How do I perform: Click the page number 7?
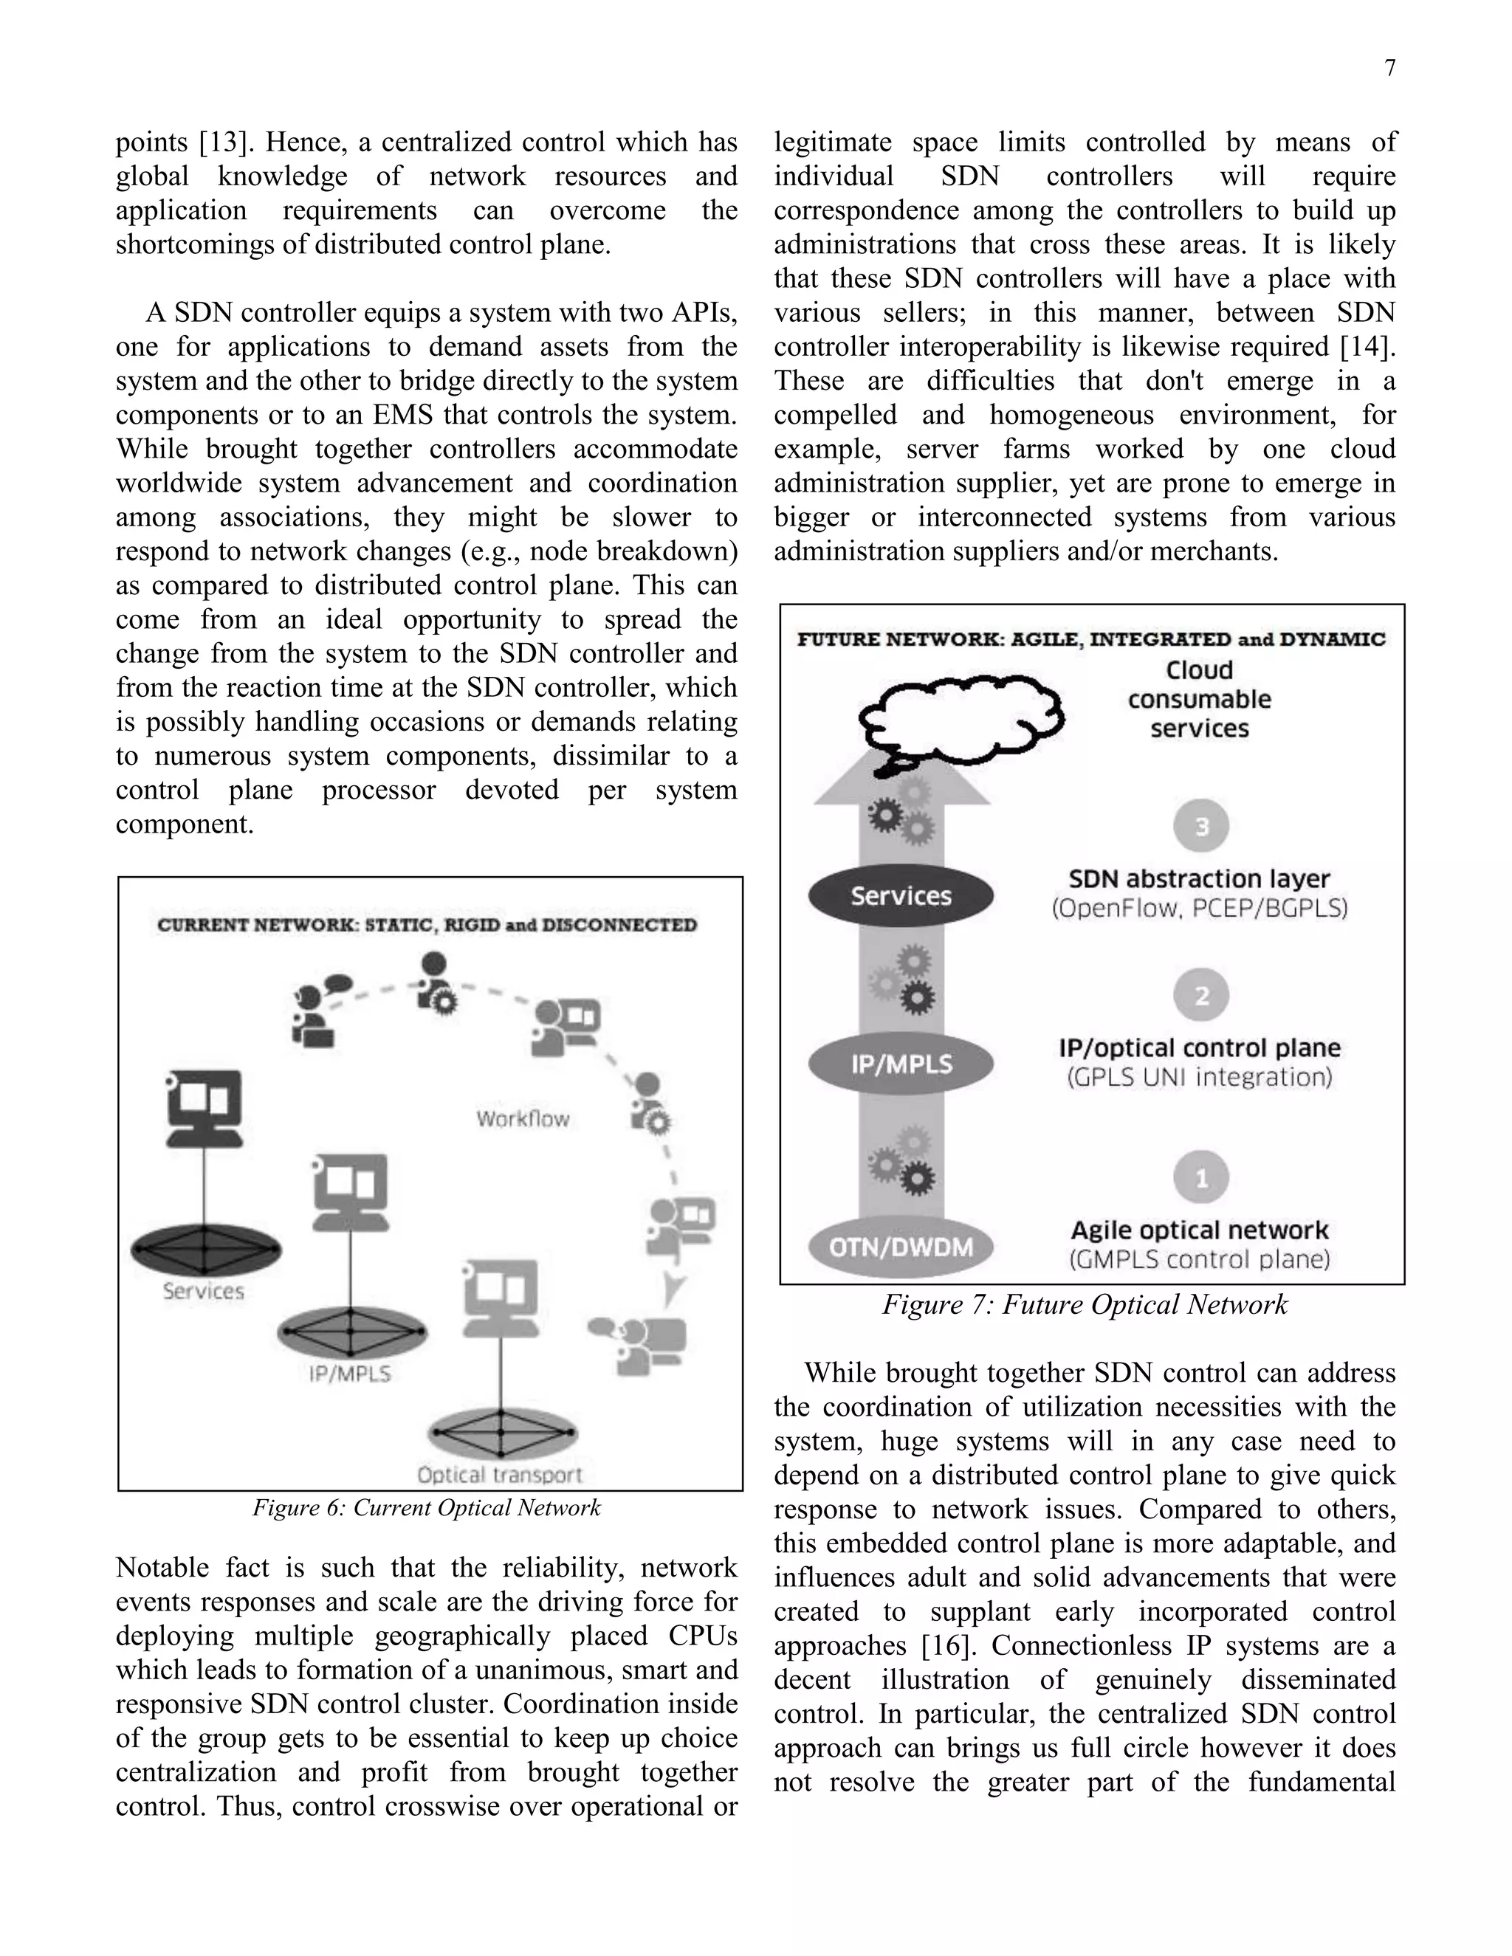(1389, 68)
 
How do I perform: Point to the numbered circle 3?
(1201, 826)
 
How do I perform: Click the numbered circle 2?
(1201, 995)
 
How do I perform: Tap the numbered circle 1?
(1201, 1178)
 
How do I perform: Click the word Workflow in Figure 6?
(522, 1118)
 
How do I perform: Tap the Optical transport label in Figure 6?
(499, 1474)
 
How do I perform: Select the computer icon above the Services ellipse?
(205, 1108)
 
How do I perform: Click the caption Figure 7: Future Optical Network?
(1084, 1305)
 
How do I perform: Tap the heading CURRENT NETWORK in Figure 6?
(427, 925)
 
